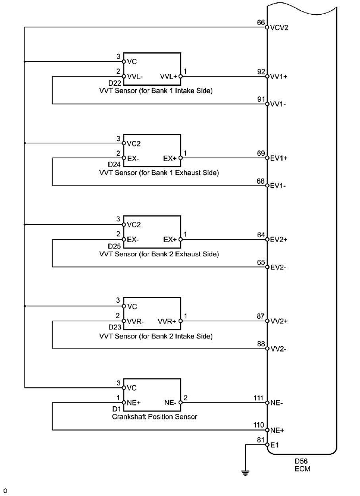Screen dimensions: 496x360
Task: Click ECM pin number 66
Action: coord(261,23)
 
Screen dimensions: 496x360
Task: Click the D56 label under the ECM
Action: coord(301,461)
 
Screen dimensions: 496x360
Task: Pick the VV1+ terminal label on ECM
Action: coord(279,77)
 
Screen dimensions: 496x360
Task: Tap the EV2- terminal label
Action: coord(279,267)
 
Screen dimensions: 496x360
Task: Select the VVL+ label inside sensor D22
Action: coord(169,76)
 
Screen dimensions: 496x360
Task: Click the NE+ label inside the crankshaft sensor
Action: coord(134,402)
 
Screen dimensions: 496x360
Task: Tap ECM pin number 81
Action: coord(261,440)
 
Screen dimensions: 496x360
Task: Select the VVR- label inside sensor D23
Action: coord(135,321)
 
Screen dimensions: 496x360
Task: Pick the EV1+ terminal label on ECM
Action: coord(279,158)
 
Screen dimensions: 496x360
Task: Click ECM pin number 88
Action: coord(261,344)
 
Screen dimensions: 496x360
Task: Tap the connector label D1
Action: coord(116,409)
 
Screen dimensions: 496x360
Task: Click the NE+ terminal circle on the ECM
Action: coord(267,430)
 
